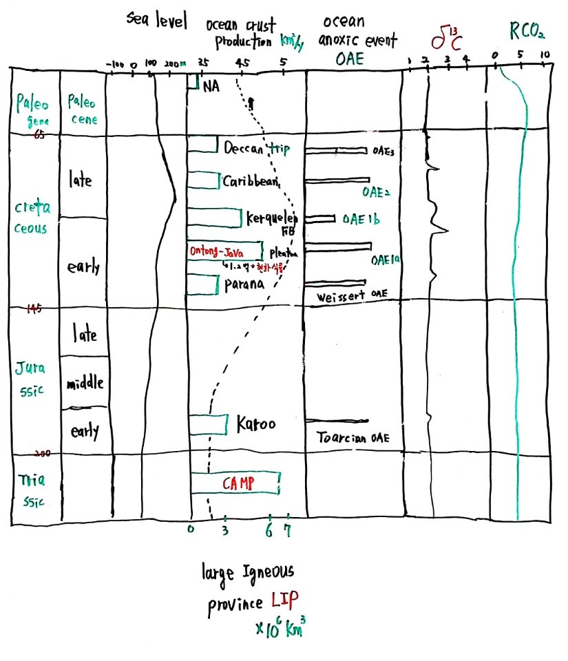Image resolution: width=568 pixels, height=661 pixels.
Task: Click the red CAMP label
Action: [x=238, y=483]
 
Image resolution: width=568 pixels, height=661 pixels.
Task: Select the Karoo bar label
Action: [x=256, y=424]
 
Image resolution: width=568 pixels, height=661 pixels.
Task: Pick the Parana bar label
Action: [x=242, y=284]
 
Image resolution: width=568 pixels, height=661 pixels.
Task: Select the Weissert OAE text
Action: [x=353, y=296]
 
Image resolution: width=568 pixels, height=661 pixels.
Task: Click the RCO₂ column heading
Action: [x=527, y=31]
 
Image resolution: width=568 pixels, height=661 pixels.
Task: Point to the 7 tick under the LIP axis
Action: [x=288, y=529]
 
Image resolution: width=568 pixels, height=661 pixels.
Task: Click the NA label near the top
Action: [x=211, y=87]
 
